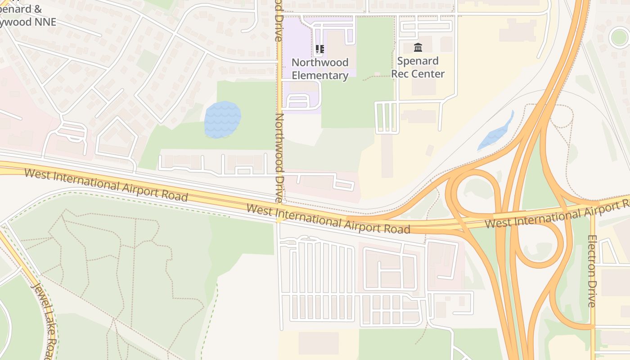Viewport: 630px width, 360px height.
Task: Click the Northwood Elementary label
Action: click(320, 69)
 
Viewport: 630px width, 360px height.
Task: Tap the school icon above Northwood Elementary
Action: click(320, 49)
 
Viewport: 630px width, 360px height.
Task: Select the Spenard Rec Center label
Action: click(418, 67)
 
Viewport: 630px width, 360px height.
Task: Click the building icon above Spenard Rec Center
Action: click(418, 47)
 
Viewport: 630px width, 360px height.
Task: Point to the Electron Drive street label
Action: click(592, 271)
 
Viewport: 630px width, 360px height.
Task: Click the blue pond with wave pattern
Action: click(222, 120)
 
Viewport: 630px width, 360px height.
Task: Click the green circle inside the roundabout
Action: click(619, 37)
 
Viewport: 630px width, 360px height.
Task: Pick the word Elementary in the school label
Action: click(320, 76)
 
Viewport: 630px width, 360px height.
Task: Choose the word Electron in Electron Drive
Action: click(592, 256)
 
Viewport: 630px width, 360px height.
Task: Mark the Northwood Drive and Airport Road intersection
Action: click(279, 219)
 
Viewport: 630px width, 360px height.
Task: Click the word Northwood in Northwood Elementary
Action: click(320, 62)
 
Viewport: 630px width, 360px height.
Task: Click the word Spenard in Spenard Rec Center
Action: click(418, 61)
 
